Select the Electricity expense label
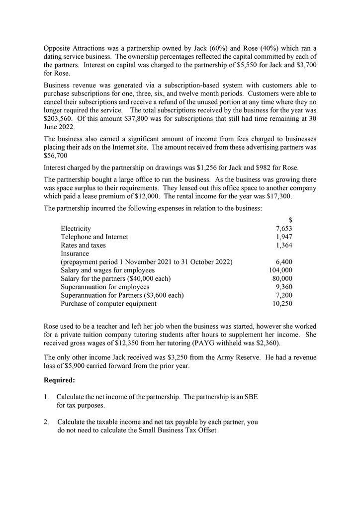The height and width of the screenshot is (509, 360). [x=76, y=229]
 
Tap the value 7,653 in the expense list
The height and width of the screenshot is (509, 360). [x=284, y=229]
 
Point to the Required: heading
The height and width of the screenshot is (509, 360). [x=59, y=380]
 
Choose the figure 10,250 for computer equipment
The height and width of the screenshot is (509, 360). [x=282, y=303]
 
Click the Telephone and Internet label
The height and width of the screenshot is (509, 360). [x=94, y=237]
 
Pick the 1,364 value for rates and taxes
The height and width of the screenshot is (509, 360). [x=284, y=245]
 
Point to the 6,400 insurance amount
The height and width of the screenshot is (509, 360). [x=284, y=262]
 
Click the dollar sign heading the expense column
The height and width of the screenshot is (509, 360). [x=290, y=220]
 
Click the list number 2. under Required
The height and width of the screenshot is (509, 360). [x=46, y=422]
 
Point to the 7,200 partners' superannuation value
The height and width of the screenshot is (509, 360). [x=284, y=295]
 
